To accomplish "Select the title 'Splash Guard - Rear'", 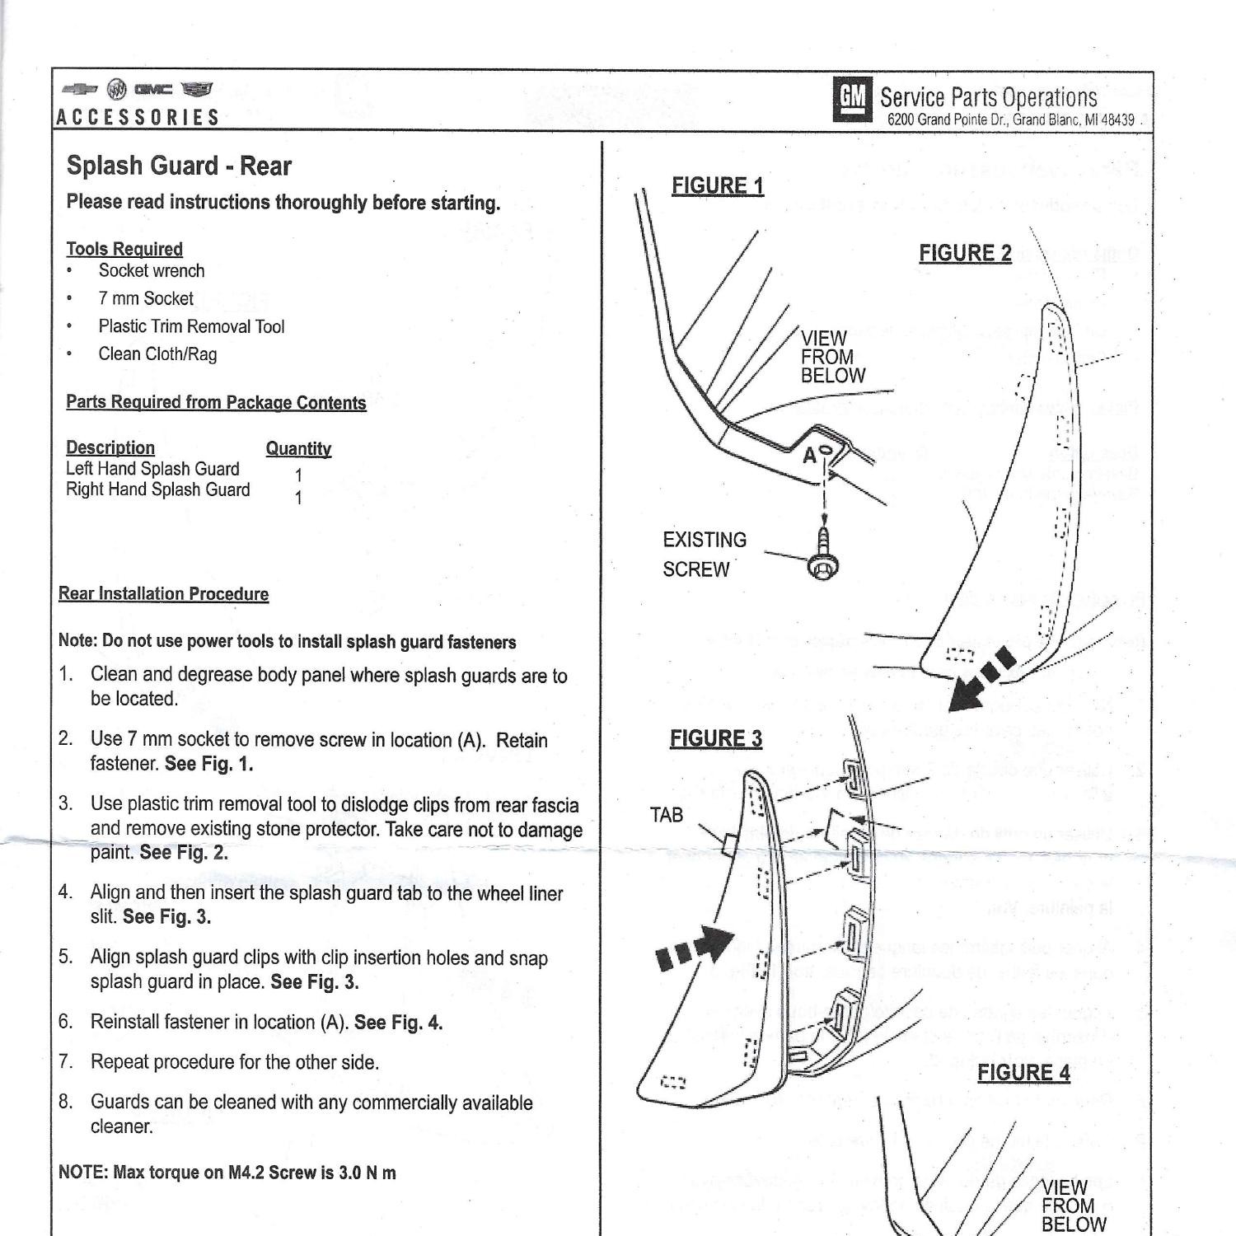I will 179,166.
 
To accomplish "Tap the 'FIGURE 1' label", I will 718,186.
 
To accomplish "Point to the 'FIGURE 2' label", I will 965,253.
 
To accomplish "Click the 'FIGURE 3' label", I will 716,738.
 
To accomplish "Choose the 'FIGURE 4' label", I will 1023,1073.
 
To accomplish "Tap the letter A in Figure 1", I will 810,455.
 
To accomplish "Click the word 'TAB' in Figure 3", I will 667,815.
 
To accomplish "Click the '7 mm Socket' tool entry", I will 146,298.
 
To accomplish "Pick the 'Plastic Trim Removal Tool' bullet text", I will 191,326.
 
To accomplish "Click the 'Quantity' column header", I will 298,449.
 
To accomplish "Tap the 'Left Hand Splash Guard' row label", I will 152,469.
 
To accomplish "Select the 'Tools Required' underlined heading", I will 124,249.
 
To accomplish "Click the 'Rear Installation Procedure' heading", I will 163,594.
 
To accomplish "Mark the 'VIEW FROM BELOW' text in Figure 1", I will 832,357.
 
